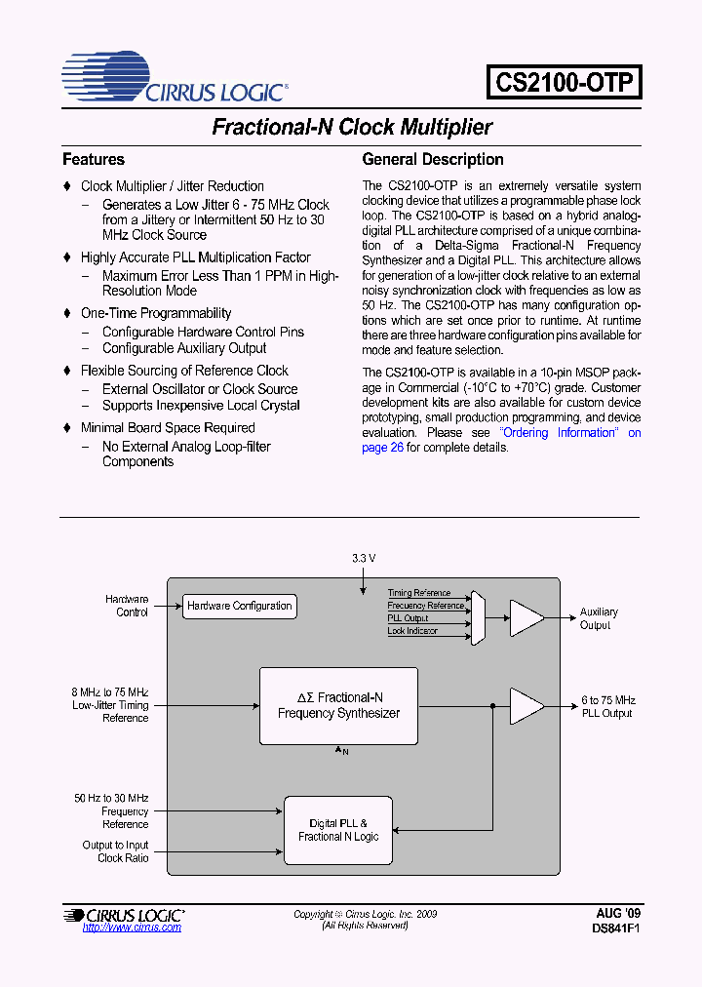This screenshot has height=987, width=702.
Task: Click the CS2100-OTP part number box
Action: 565,81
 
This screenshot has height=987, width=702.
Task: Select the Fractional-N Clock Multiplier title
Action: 352,128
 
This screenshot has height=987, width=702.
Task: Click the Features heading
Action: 94,159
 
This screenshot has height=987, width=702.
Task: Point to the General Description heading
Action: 433,159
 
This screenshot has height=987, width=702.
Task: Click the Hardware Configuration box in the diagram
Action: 239,606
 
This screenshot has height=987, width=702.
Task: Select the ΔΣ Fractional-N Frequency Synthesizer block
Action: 338,705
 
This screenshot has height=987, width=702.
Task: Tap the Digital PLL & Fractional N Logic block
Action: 338,830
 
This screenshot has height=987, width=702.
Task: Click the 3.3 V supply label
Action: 364,558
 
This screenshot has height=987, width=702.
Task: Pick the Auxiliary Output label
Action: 599,618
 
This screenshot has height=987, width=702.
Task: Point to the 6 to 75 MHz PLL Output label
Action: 607,706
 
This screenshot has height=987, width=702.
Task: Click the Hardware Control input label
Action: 127,606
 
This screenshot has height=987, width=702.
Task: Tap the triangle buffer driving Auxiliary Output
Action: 526,617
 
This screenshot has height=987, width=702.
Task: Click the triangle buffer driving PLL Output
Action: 526,706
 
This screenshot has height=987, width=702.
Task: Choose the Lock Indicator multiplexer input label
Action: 412,631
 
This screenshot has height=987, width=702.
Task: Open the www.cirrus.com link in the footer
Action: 132,928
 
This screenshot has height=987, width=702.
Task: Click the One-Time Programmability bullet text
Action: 156,313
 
